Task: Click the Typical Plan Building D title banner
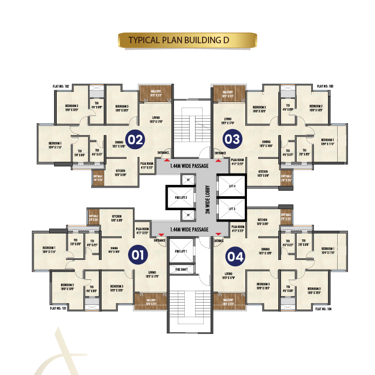point(187,40)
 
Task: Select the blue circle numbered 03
point(233,140)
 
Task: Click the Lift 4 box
point(231,186)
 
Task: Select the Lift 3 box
point(231,209)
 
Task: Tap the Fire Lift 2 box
point(180,198)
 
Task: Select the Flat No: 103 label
point(324,86)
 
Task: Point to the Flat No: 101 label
point(58,309)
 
